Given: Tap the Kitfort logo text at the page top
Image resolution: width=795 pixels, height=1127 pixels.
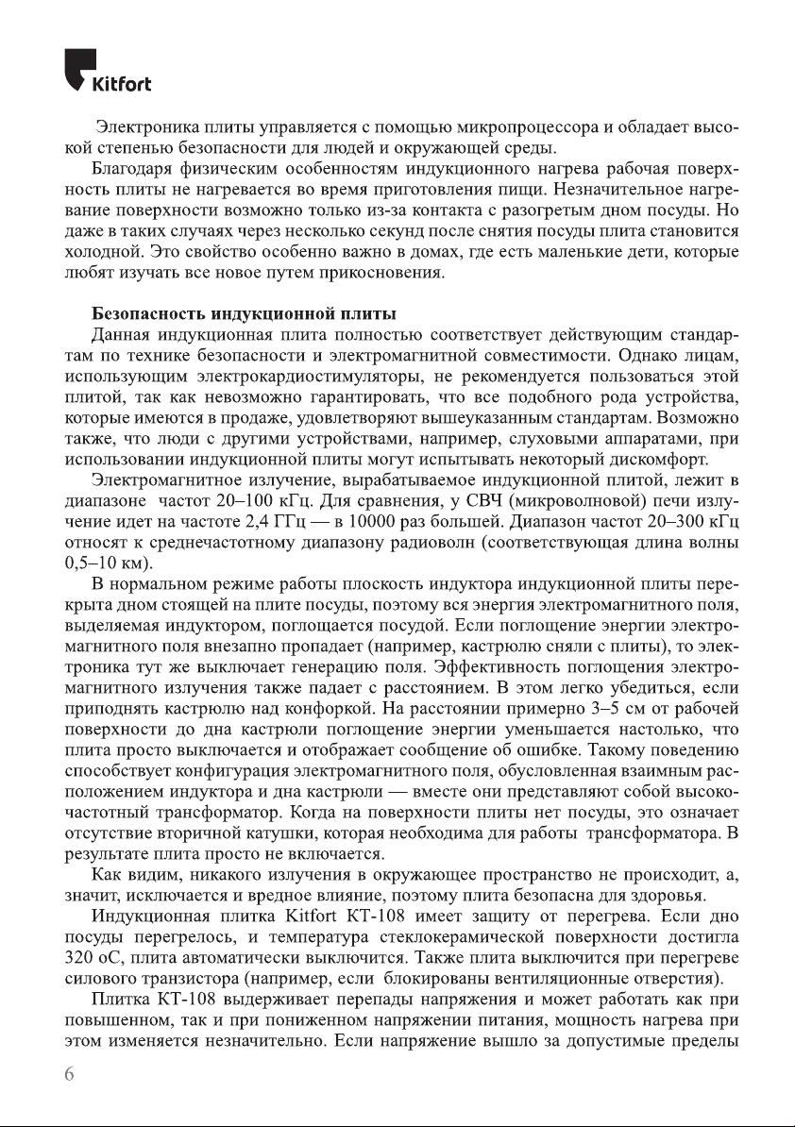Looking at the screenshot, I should pyautogui.click(x=120, y=84).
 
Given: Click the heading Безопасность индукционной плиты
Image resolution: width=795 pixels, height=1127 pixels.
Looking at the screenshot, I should pyautogui.click(x=243, y=312).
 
